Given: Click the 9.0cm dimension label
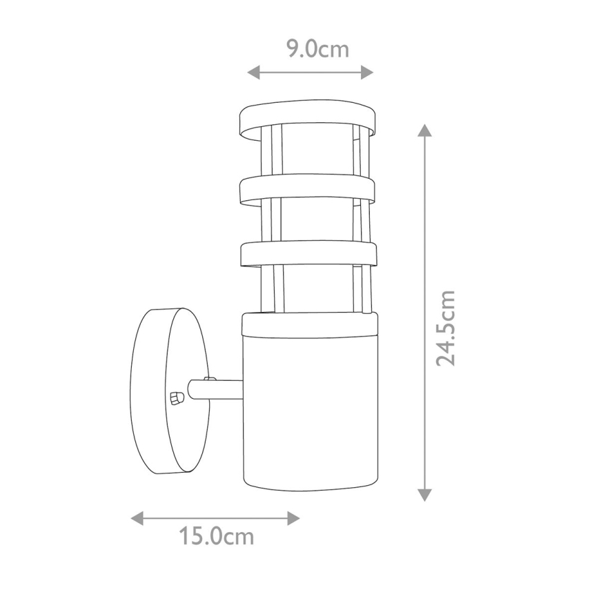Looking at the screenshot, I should tap(317, 50).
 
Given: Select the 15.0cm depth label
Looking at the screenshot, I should tap(216, 536).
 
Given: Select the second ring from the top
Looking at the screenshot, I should tap(308, 189).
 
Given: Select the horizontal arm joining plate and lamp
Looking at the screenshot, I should tap(217, 389).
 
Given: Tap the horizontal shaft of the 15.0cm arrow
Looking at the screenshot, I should tap(215, 518).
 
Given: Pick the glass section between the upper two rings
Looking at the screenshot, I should tap(308, 156).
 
